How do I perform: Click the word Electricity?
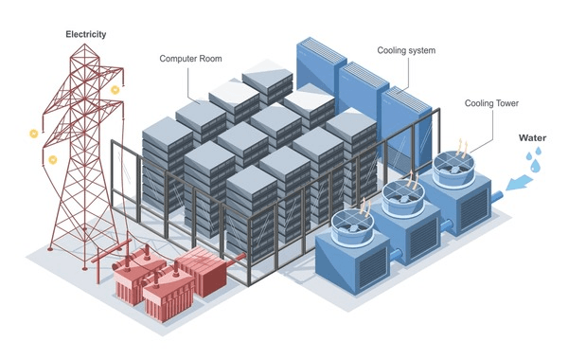(85, 35)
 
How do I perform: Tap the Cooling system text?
(408, 50)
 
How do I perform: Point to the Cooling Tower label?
(493, 103)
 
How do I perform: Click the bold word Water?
(531, 137)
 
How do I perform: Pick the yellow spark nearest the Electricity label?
(115, 89)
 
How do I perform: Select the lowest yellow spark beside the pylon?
(52, 159)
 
